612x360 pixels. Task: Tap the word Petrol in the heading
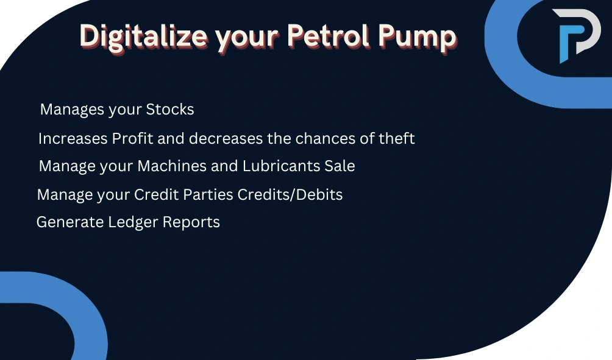(328, 36)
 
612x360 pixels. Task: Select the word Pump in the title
(417, 38)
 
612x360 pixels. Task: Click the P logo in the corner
(576, 36)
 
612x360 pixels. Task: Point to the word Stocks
(170, 109)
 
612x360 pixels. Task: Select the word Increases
(73, 138)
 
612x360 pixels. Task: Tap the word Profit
(132, 138)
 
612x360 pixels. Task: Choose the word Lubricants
(281, 166)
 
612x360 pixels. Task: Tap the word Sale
(340, 166)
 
